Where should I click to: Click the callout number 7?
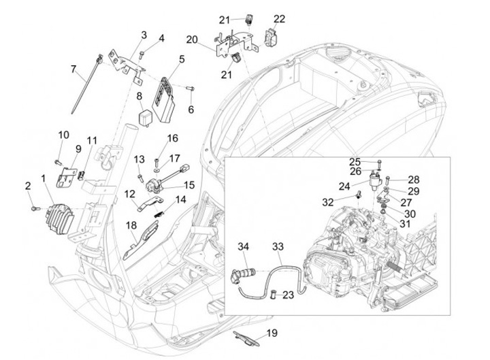point(73,68)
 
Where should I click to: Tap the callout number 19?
point(272,333)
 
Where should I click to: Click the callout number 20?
point(191,39)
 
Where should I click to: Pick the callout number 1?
point(44,180)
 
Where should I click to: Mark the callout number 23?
point(288,295)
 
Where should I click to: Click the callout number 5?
point(182,60)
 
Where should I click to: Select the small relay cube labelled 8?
point(146,114)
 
